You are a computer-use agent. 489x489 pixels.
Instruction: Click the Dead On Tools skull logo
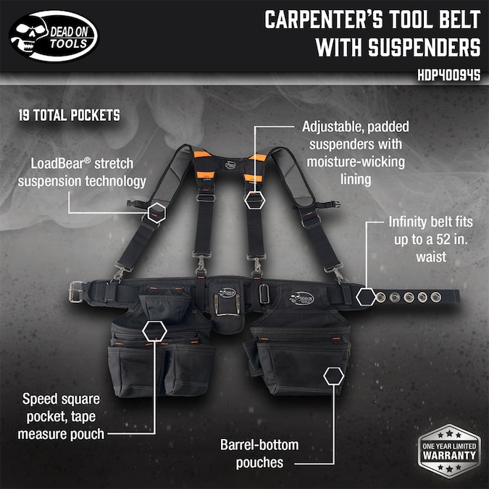[x=54, y=36]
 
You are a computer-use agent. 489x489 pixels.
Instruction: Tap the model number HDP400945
[x=448, y=75]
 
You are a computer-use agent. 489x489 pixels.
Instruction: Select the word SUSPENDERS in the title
[x=425, y=47]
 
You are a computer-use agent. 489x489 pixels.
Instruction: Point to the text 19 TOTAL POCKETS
[x=70, y=115]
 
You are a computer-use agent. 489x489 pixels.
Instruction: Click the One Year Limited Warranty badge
[x=449, y=451]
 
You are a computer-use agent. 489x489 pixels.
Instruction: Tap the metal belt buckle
[x=76, y=292]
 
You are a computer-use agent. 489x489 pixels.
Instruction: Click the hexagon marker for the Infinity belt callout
[x=366, y=296]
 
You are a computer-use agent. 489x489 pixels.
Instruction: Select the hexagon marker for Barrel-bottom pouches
[x=334, y=376]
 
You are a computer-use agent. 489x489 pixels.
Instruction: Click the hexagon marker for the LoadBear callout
[x=156, y=213]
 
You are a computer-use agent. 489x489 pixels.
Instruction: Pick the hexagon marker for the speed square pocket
[x=155, y=331]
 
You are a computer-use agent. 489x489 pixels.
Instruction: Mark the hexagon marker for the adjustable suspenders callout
[x=255, y=201]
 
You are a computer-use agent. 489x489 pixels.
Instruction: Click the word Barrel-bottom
[x=259, y=445]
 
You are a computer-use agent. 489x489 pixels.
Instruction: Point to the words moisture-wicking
[x=356, y=162]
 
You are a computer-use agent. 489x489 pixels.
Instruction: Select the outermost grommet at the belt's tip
[x=435, y=297]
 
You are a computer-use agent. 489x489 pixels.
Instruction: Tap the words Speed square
[x=61, y=399]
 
